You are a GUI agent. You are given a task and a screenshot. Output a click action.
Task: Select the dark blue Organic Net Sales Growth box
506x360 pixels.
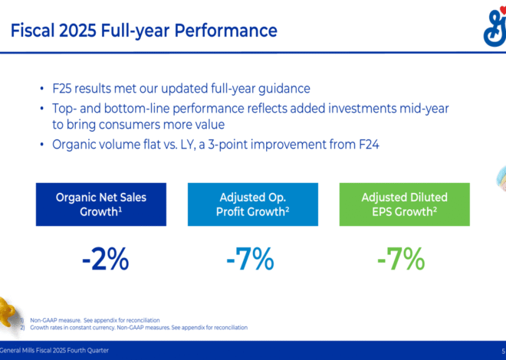100,204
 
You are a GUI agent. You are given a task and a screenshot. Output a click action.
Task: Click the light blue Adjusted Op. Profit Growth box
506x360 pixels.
252,204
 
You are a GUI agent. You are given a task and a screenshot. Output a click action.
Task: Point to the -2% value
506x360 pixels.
105,260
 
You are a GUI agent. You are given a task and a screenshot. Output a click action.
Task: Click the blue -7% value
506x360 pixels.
250,260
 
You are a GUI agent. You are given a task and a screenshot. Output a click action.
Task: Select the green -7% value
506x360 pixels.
401,260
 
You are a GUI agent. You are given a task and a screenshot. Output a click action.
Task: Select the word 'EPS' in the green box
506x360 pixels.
374,211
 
